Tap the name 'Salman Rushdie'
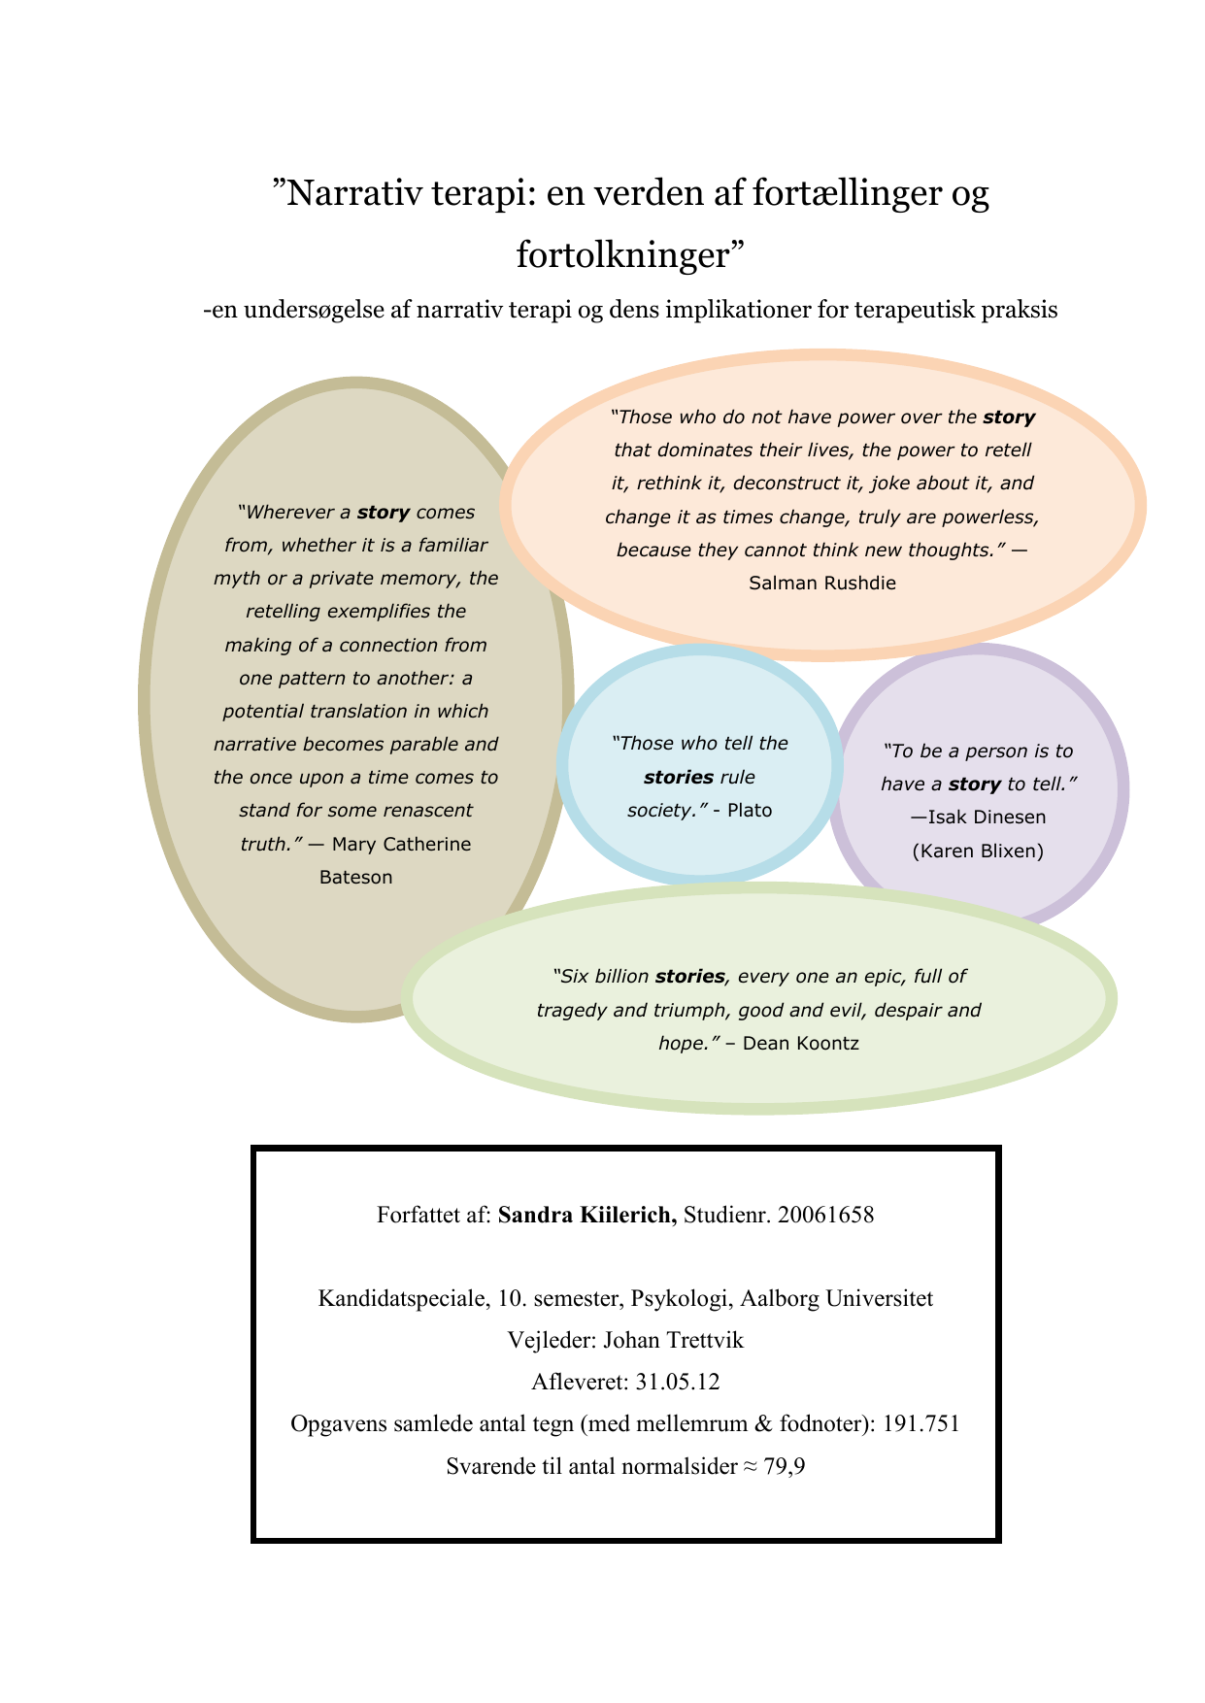pyautogui.click(x=822, y=583)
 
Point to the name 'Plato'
pyautogui.click(x=750, y=810)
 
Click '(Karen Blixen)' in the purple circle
pyautogui.click(x=978, y=851)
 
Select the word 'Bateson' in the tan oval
pyautogui.click(x=355, y=877)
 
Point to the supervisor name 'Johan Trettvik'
pyautogui.click(x=673, y=1341)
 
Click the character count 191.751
pyautogui.click(x=921, y=1424)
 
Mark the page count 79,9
pyautogui.click(x=785, y=1466)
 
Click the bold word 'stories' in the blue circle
pyautogui.click(x=679, y=777)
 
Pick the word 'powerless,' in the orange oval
pyautogui.click(x=990, y=517)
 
